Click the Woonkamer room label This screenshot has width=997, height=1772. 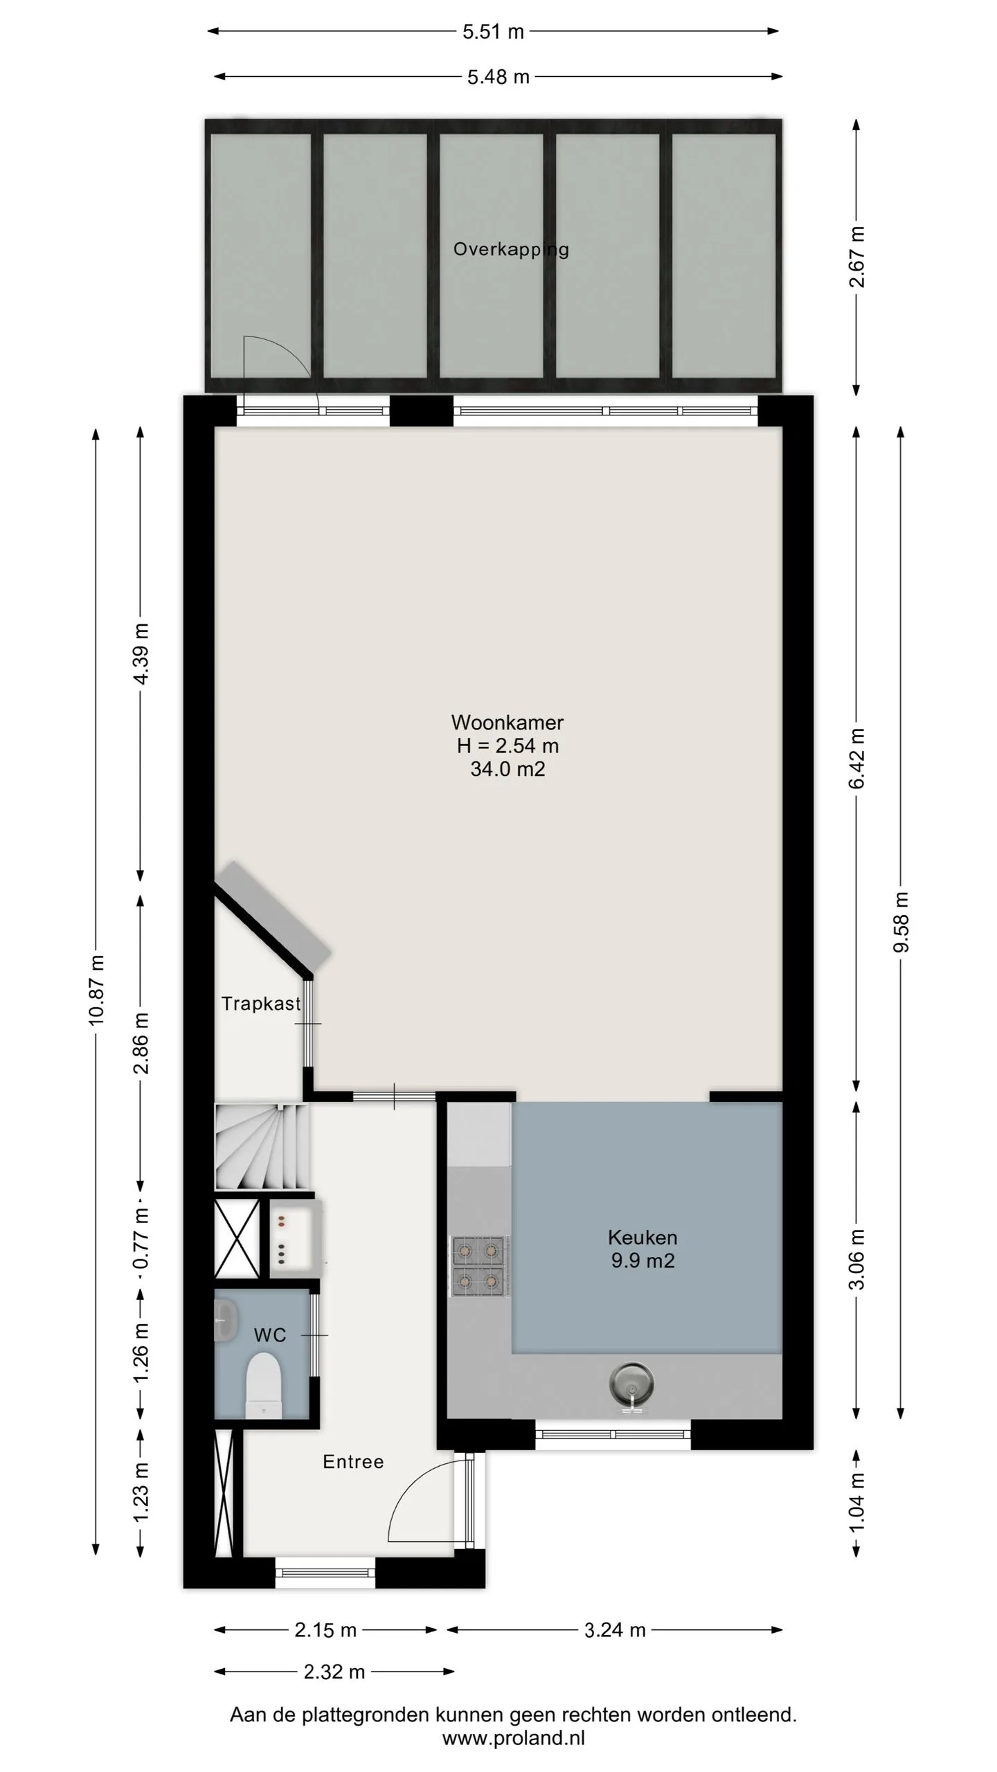[508, 722]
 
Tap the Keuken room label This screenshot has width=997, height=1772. [643, 1237]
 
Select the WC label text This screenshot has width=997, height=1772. [270, 1335]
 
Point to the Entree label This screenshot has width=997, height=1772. [353, 1461]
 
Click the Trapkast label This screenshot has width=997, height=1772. [261, 1004]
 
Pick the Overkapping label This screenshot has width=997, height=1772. [511, 250]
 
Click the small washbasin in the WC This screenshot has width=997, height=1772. [226, 1320]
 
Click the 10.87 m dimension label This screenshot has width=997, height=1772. [96, 990]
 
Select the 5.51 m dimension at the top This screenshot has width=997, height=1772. [493, 32]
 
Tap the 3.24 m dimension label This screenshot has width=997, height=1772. [615, 1630]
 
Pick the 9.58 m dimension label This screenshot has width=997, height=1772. [901, 921]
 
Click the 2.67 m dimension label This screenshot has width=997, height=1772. [857, 257]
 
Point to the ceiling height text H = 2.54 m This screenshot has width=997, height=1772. [508, 745]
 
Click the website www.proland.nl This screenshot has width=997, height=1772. [514, 1738]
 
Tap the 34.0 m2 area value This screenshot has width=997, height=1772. [508, 769]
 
